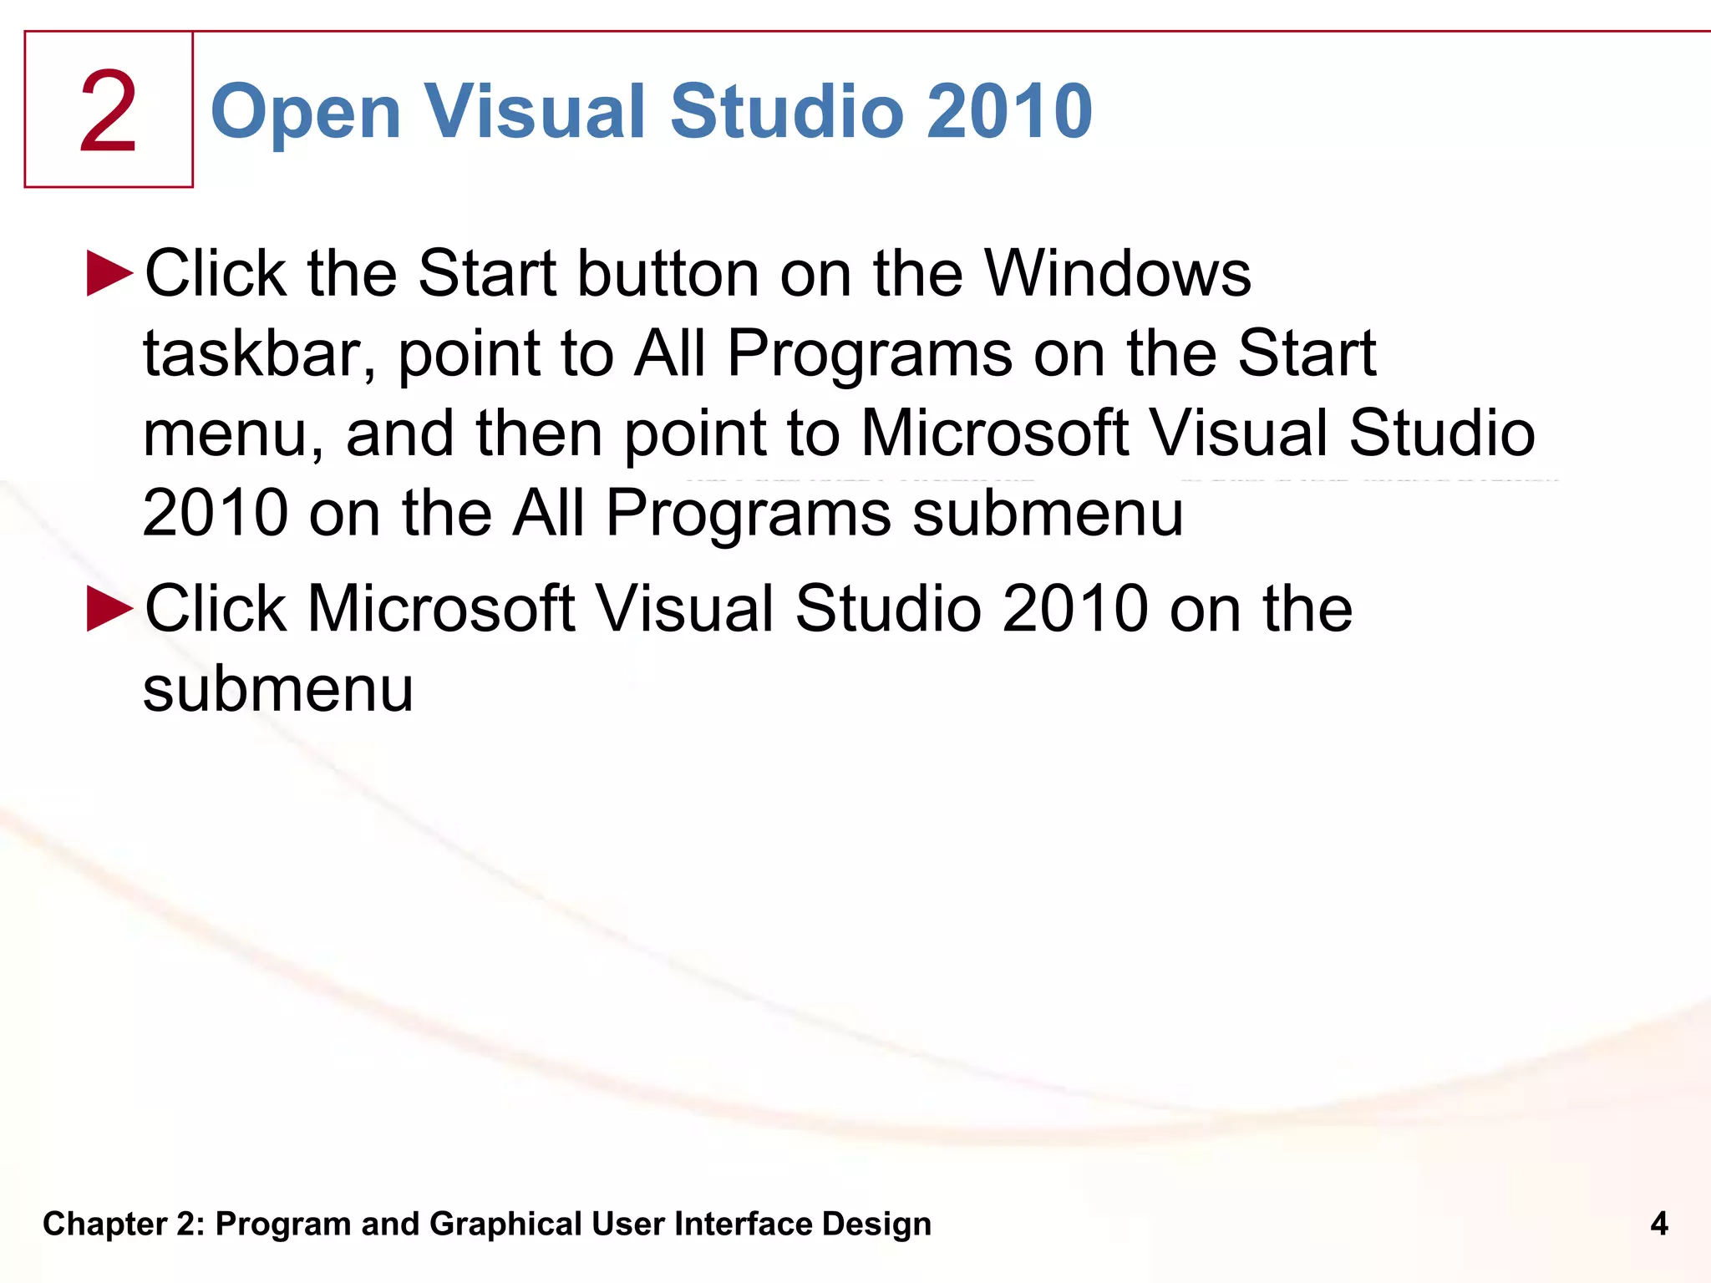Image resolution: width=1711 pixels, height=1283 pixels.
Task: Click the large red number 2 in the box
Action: point(108,112)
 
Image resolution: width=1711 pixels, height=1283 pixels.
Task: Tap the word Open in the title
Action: point(306,112)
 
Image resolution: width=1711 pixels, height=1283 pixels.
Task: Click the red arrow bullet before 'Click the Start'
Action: point(109,273)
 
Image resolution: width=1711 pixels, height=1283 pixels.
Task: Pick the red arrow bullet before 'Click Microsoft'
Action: point(109,608)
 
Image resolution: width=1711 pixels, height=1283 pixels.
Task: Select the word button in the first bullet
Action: point(668,274)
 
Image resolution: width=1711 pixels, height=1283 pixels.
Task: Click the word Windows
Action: point(1118,274)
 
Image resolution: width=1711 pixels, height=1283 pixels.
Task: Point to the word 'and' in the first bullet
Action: point(399,434)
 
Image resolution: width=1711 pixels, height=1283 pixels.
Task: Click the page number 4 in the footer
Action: point(1659,1224)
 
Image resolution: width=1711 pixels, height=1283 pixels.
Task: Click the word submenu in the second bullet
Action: point(278,690)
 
